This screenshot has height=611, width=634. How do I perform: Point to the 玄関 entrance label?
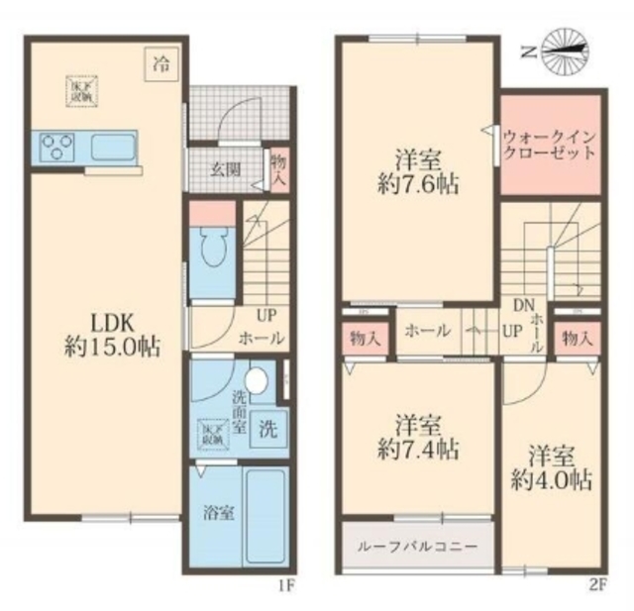pyautogui.click(x=224, y=168)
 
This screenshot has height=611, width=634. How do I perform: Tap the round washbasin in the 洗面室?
pyautogui.click(x=258, y=381)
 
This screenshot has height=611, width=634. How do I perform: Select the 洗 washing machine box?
pyautogui.click(x=268, y=430)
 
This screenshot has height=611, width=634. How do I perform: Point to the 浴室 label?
pyautogui.click(x=218, y=515)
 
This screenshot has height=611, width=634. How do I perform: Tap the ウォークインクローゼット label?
pyautogui.click(x=549, y=146)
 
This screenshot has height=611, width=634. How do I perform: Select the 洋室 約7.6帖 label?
pyautogui.click(x=419, y=170)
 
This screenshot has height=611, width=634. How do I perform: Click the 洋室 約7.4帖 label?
pyautogui.click(x=419, y=437)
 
